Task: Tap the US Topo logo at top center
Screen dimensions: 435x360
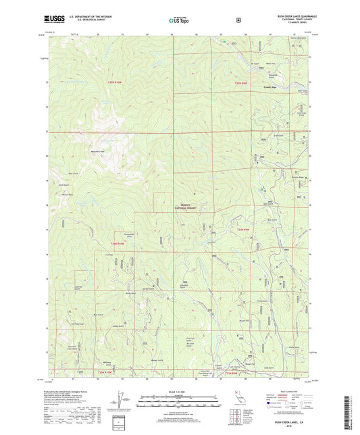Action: pos(178,21)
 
